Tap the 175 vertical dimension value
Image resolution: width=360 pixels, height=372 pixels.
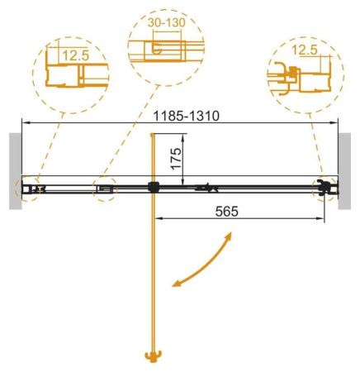click(x=174, y=157)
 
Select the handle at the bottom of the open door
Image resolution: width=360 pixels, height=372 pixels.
click(x=151, y=357)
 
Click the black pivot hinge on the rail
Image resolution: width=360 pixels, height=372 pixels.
click(x=152, y=188)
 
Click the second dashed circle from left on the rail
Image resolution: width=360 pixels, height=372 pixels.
click(x=105, y=188)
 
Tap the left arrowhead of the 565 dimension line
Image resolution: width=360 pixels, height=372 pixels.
click(x=157, y=220)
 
